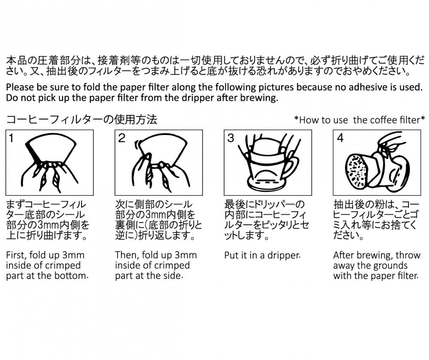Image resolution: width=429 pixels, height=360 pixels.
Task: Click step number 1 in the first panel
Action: tap(12, 139)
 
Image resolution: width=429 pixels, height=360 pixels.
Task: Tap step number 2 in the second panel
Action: tap(122, 139)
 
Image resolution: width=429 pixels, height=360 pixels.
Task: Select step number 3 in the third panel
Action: tap(231, 139)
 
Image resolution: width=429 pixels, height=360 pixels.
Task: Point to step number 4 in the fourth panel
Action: tap(340, 139)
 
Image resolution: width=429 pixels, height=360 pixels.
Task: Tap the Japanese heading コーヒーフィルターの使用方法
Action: tap(82, 120)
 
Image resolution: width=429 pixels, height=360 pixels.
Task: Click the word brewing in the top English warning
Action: tap(262, 98)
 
